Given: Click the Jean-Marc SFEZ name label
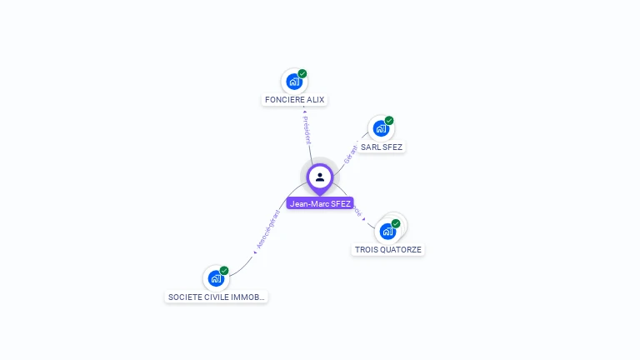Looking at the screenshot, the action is pos(320,203).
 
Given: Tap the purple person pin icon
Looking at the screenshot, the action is pos(320,177).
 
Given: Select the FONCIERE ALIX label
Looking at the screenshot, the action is pos(294,100).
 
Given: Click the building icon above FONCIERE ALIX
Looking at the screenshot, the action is pos(293,81).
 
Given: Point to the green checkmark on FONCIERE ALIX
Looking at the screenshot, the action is pos(302,73).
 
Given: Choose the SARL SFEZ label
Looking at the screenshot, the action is pos(382,147).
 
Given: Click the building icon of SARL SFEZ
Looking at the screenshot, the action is pos(380,128).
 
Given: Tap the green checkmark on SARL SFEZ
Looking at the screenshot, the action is pos(389,121).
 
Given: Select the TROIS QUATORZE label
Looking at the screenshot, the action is pos(388,249).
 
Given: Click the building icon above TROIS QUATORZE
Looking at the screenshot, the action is pos(387,231).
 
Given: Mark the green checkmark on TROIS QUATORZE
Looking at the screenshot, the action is pos(396,223).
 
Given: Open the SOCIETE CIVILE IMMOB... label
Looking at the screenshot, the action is pos(217,297).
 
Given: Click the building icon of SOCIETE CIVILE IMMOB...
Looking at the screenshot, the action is pos(215,278).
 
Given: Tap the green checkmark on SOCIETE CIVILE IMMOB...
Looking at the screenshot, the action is pos(224,271).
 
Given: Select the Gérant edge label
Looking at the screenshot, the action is pos(351,153).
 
